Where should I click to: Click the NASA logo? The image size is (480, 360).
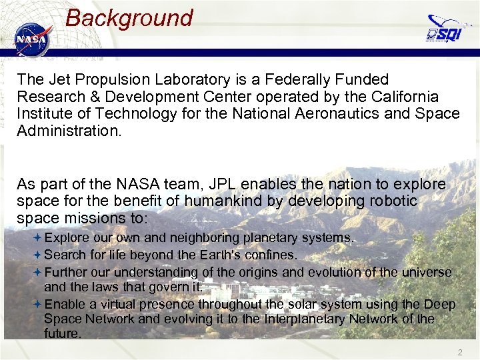click(32, 39)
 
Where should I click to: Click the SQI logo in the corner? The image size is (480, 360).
click(444, 29)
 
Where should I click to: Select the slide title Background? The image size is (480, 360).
click(129, 18)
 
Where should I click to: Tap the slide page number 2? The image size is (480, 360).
click(459, 351)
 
